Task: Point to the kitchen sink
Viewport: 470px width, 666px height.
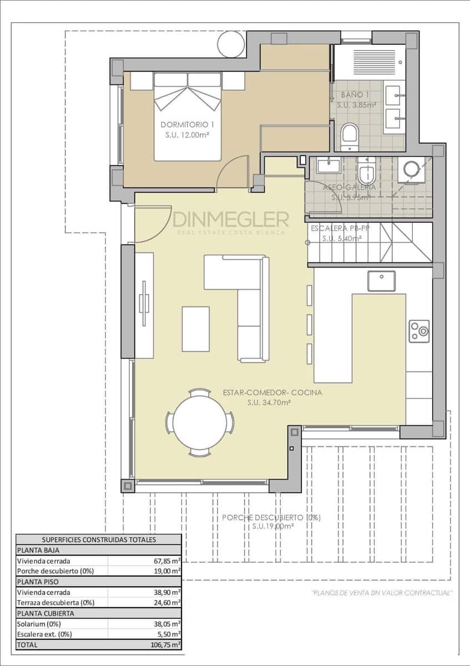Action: click(381, 281)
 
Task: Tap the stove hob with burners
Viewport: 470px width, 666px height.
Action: click(419, 331)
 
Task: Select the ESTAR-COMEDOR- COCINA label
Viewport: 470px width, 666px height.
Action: click(272, 392)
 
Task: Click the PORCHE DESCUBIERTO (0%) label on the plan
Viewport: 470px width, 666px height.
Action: click(271, 518)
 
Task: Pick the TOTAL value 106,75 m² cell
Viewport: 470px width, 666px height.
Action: click(166, 645)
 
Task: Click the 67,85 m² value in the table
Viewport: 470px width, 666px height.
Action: click(166, 561)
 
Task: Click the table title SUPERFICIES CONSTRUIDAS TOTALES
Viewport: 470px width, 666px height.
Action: click(99, 539)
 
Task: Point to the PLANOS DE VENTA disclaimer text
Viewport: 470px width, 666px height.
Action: click(382, 593)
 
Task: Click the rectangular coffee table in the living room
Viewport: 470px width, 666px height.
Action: click(195, 329)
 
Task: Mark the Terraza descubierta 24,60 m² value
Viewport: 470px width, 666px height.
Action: click(166, 603)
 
